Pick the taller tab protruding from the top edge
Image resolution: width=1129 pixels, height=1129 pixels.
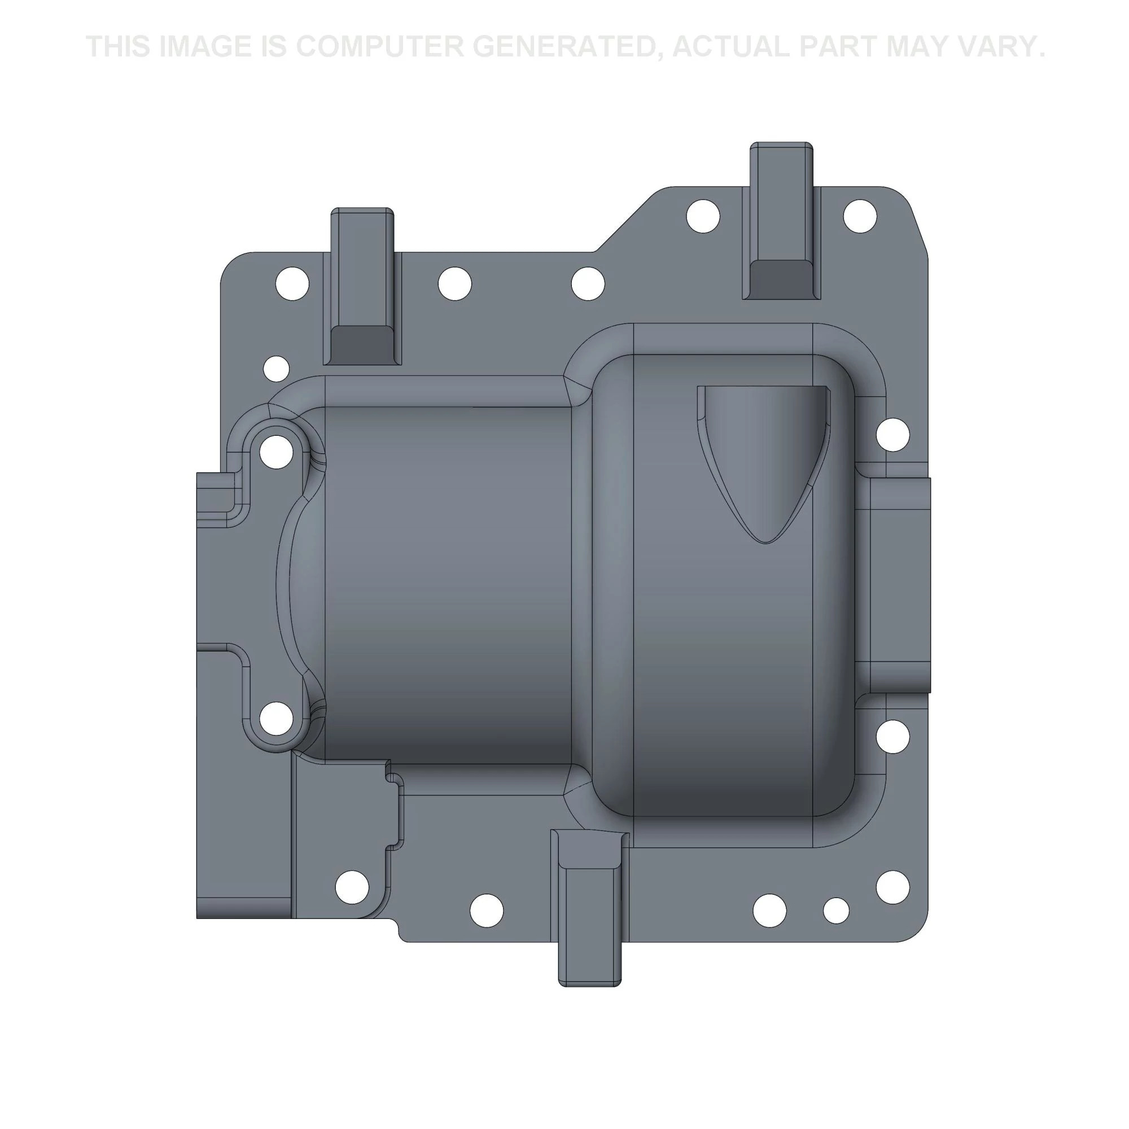pos(781,221)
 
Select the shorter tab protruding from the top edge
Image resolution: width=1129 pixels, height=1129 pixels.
pos(362,286)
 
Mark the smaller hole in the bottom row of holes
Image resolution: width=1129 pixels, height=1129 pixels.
pos(836,911)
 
